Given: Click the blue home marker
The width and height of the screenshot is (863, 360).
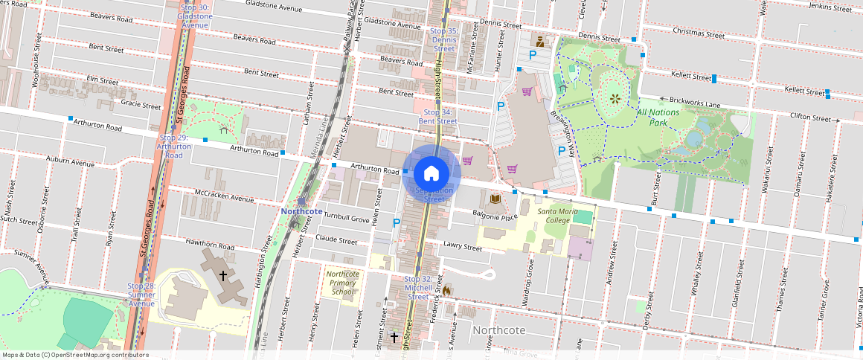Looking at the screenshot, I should click(431, 174).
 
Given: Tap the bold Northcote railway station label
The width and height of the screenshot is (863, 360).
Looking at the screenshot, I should click(302, 211).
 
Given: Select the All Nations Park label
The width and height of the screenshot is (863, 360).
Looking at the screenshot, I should click(658, 117).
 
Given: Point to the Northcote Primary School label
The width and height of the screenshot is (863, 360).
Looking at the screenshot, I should click(342, 283).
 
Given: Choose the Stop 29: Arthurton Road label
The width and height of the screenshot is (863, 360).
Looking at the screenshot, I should click(173, 147).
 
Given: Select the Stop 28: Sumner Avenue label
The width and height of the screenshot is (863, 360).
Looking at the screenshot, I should click(141, 295).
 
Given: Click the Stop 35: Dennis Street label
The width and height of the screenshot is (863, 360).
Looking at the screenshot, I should click(444, 40).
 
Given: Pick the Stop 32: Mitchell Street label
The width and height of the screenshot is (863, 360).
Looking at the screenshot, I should click(418, 287).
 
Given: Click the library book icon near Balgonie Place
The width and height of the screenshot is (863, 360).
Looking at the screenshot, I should click(495, 199).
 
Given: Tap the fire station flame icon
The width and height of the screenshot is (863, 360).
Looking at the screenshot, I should click(446, 290).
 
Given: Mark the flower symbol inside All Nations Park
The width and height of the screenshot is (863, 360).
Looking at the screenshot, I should click(615, 97).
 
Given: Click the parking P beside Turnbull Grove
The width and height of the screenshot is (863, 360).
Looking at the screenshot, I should click(396, 222).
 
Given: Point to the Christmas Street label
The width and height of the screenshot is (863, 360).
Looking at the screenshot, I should click(698, 33).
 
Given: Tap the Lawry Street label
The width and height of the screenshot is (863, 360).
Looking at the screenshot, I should click(463, 246).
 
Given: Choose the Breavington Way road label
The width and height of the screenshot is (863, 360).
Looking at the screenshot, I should click(563, 134).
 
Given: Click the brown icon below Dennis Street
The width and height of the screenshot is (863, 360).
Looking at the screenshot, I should click(540, 42).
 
